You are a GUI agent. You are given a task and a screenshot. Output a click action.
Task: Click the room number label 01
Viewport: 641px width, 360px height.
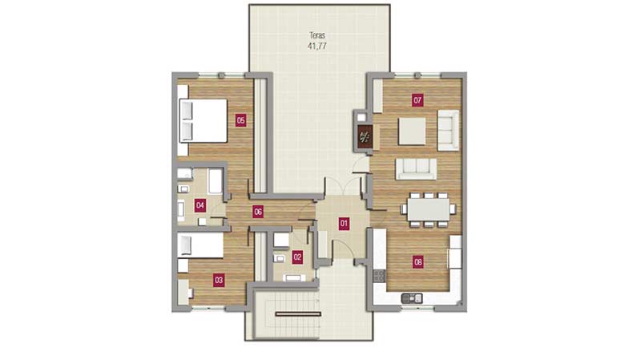click(344, 224)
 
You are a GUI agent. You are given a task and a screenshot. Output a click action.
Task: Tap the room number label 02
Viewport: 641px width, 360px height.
click(297, 257)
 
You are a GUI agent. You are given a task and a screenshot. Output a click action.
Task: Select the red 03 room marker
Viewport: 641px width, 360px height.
click(219, 281)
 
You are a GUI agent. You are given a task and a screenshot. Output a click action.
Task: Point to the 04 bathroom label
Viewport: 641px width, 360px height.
click(200, 205)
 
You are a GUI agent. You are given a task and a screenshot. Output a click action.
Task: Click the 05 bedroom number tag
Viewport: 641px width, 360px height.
click(241, 120)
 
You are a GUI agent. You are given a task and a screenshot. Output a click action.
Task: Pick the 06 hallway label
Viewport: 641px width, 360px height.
click(258, 212)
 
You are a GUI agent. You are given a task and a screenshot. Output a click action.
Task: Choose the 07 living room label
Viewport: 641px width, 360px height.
click(417, 100)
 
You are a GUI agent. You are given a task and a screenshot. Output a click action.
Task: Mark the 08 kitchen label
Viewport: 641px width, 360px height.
click(417, 262)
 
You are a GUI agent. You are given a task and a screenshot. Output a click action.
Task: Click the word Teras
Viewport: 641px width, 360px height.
click(317, 35)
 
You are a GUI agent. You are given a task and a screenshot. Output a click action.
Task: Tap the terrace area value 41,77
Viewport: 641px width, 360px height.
click(317, 46)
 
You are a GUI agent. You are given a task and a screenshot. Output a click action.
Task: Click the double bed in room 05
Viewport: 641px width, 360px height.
click(204, 121)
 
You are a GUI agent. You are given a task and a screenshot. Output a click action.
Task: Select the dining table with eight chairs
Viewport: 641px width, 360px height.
click(428, 209)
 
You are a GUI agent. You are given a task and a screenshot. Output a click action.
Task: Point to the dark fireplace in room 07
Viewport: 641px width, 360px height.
click(365, 136)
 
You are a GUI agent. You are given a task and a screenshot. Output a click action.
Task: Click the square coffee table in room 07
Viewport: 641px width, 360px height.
click(412, 131)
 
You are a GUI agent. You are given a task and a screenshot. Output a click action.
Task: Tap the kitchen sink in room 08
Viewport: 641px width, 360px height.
click(412, 298)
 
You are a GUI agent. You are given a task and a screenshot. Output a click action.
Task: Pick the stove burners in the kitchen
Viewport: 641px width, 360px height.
click(379, 275)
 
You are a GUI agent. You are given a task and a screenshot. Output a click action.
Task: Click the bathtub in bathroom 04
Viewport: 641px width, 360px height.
click(215, 181)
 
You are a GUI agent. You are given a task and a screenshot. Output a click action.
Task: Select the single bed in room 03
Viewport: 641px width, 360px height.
click(200, 245)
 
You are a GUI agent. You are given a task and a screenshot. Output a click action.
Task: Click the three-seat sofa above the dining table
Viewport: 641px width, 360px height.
click(416, 168)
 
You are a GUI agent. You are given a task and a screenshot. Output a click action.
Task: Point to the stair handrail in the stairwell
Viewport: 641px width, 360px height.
click(298, 314)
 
